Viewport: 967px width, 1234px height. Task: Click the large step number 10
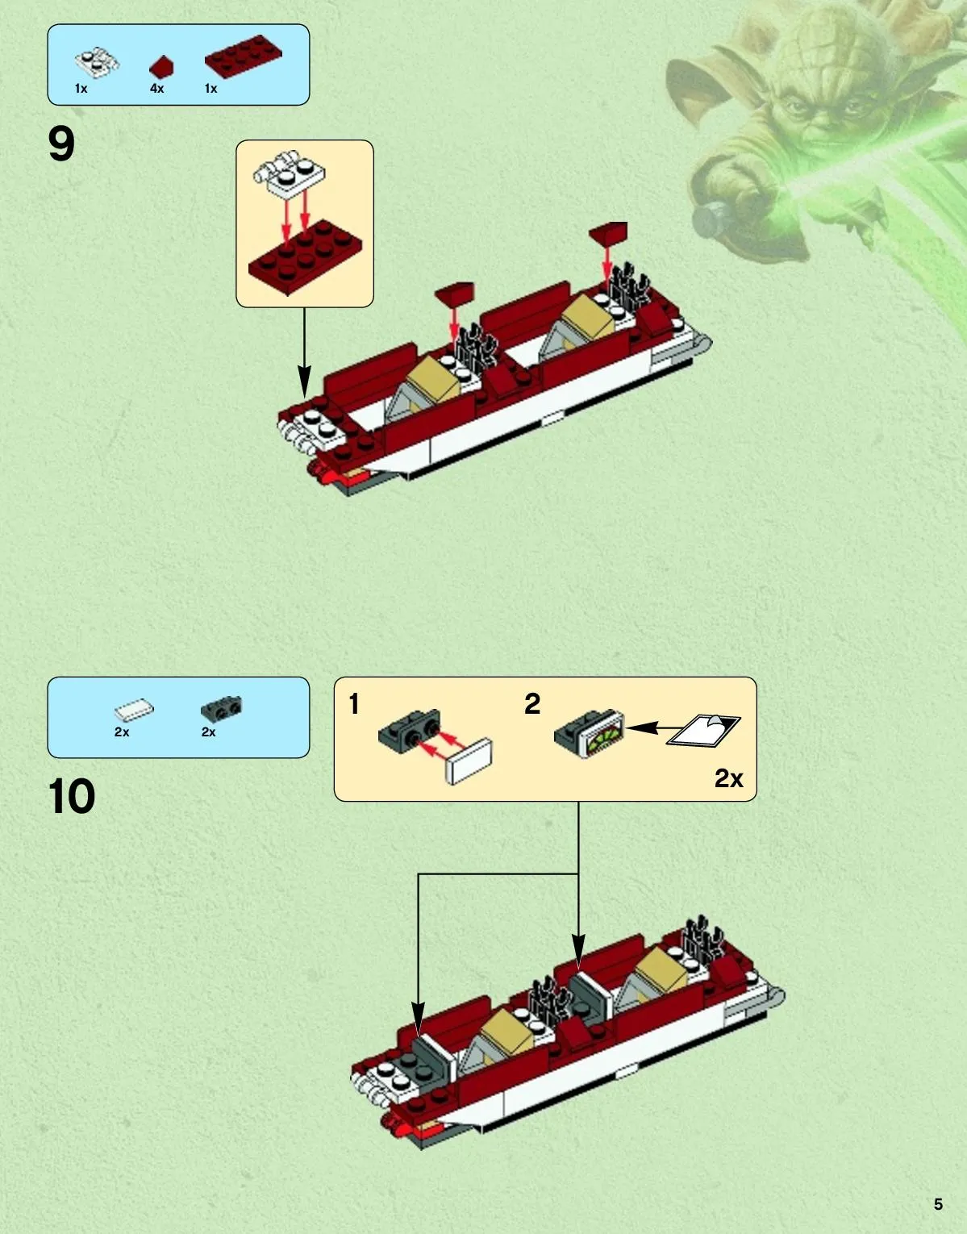pyautogui.click(x=72, y=795)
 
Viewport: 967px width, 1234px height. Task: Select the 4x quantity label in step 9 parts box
pyautogui.click(x=156, y=89)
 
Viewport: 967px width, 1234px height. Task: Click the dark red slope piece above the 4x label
pyautogui.click(x=162, y=66)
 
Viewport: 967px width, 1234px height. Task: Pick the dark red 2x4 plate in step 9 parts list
pyautogui.click(x=243, y=56)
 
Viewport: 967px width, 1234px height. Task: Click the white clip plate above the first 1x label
pyautogui.click(x=97, y=62)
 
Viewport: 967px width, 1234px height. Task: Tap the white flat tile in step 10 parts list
pyautogui.click(x=134, y=710)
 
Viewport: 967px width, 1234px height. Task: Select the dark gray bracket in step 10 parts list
pyautogui.click(x=222, y=707)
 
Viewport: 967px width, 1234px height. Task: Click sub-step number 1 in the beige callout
pyautogui.click(x=354, y=704)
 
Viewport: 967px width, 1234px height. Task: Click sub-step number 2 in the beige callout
pyautogui.click(x=532, y=704)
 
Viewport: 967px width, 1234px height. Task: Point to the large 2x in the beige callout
pyautogui.click(x=728, y=778)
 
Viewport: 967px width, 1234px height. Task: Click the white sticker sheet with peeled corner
pyautogui.click(x=704, y=730)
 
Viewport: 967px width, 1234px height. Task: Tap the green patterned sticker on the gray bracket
pyautogui.click(x=606, y=737)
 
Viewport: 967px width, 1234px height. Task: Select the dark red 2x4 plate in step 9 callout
pyautogui.click(x=305, y=256)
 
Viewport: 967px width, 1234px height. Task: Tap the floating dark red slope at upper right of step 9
pyautogui.click(x=608, y=231)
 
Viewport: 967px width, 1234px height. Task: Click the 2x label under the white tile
pyautogui.click(x=122, y=732)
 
